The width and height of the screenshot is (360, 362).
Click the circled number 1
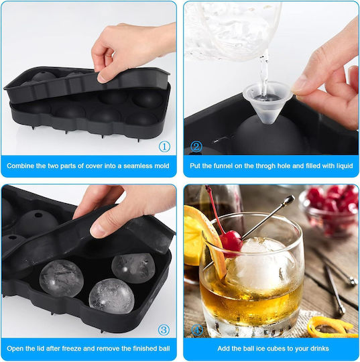click(164, 146)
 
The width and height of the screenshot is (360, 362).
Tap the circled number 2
click(196, 146)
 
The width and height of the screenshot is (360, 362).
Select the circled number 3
click(164, 330)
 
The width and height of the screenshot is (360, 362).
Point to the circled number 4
click(197, 330)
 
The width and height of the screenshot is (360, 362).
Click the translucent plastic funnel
click(267, 102)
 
